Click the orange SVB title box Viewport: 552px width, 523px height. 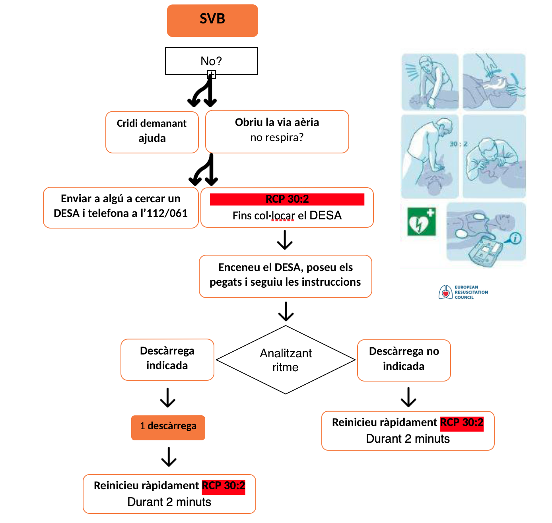pyautogui.click(x=212, y=21)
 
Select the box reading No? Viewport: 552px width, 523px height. pyautogui.click(x=211, y=61)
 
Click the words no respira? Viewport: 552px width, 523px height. pyautogui.click(x=277, y=138)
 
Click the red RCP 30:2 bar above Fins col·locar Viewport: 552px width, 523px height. pyautogui.click(x=287, y=199)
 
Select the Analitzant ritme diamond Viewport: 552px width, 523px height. pyautogui.click(x=286, y=360)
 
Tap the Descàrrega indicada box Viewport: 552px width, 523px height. pyautogui.click(x=167, y=359)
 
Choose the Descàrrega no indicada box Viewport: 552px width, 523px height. pyautogui.click(x=404, y=360)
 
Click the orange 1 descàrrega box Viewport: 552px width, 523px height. pyautogui.click(x=168, y=428)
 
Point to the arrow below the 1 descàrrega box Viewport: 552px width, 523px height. pyautogui.click(x=169, y=457)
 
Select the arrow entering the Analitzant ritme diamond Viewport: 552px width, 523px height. pyautogui.click(x=286, y=311)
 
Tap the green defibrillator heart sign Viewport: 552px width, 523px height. pyautogui.click(x=422, y=222)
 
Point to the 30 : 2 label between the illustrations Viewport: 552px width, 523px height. pyautogui.click(x=459, y=144)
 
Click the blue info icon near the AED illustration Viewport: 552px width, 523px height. pyautogui.click(x=515, y=238)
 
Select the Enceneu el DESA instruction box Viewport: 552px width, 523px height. pyautogui.click(x=285, y=276)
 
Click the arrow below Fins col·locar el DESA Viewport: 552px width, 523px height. pyautogui.click(x=285, y=240)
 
